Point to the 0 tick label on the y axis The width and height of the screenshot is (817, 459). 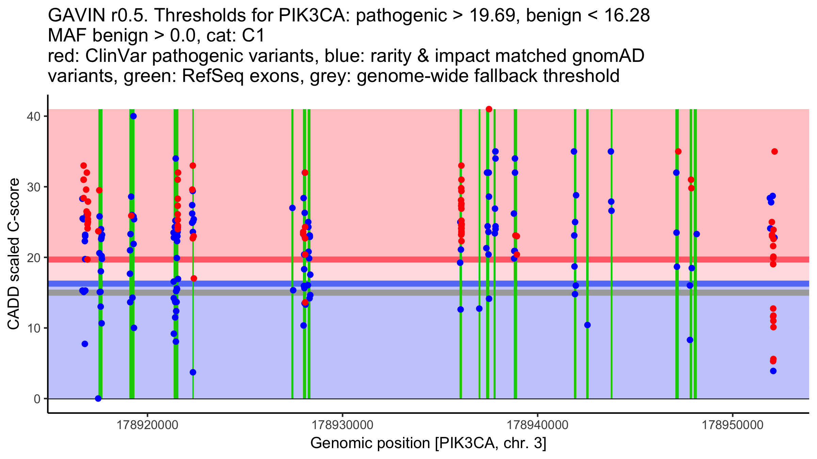click(x=37, y=399)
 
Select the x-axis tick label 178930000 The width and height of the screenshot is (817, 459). click(x=342, y=425)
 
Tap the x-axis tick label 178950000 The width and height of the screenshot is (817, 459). click(x=733, y=425)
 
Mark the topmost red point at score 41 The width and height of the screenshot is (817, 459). click(x=489, y=109)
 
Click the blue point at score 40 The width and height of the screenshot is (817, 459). click(x=133, y=116)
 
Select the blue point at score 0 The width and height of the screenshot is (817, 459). click(x=98, y=398)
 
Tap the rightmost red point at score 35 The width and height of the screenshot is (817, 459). click(x=774, y=152)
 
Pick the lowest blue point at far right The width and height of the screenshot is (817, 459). click(x=773, y=371)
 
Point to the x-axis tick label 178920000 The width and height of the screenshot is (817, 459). click(x=147, y=425)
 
